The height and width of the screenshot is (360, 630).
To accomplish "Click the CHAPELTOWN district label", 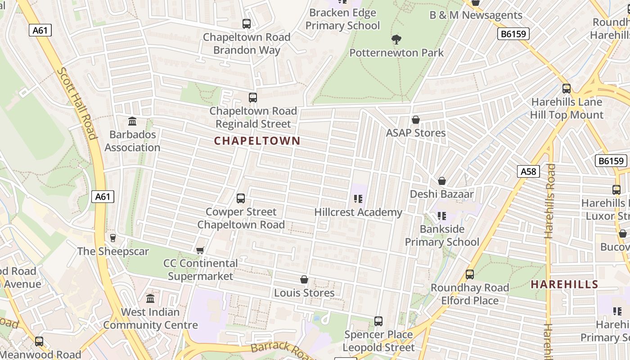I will [x=257, y=141].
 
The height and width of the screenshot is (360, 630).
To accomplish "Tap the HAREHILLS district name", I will [x=564, y=284].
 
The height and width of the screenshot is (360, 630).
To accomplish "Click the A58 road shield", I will [x=528, y=171].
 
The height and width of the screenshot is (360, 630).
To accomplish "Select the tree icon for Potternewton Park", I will [x=396, y=40].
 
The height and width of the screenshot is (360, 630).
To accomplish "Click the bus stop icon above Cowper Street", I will [x=241, y=198].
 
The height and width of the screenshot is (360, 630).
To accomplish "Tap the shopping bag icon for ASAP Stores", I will [x=416, y=120].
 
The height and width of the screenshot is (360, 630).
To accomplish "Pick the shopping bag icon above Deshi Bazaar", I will [x=442, y=181].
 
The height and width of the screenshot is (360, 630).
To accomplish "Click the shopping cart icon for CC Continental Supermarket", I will [x=200, y=250].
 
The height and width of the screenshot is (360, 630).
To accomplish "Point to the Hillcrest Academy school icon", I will [x=358, y=199].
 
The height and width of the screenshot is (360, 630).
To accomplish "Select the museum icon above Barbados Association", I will [x=132, y=121].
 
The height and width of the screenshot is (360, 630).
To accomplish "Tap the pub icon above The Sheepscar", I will [x=112, y=238].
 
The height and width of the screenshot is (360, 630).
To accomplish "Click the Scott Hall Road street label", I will [x=77, y=103].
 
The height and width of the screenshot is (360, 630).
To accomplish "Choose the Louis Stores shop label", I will [x=304, y=293].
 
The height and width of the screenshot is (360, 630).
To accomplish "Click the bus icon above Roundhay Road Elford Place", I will [x=470, y=274].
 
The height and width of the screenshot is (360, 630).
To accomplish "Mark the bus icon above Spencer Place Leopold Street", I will [x=378, y=321].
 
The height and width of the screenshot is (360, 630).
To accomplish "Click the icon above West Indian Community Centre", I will [x=150, y=299].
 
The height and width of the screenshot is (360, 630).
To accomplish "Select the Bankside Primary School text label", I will [x=442, y=235].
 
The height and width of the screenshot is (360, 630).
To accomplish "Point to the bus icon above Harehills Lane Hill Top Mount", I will [x=567, y=89].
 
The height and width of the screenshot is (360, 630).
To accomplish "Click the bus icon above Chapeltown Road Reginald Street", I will [x=253, y=98].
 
